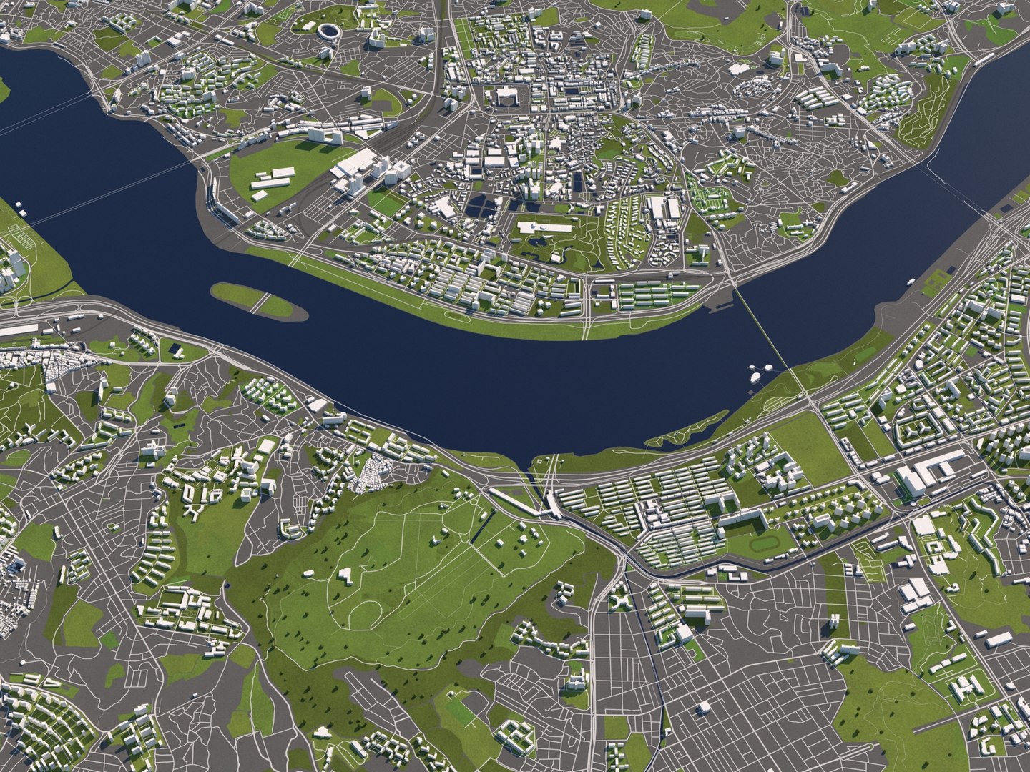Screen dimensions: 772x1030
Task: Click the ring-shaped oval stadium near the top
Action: pyautogui.click(x=330, y=31)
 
